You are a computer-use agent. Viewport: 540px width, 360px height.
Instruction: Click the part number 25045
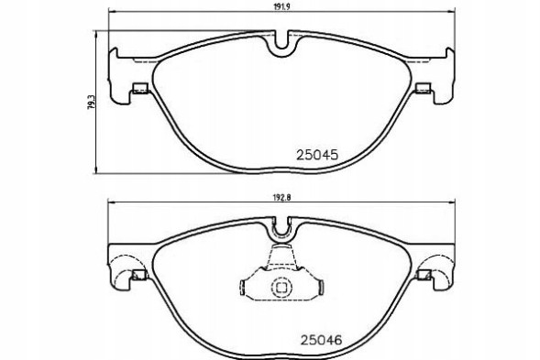tap(317, 156)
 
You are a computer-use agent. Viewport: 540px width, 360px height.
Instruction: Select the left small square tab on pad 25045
tap(140, 89)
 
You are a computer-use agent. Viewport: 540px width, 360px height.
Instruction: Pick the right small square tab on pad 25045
tap(423, 89)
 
